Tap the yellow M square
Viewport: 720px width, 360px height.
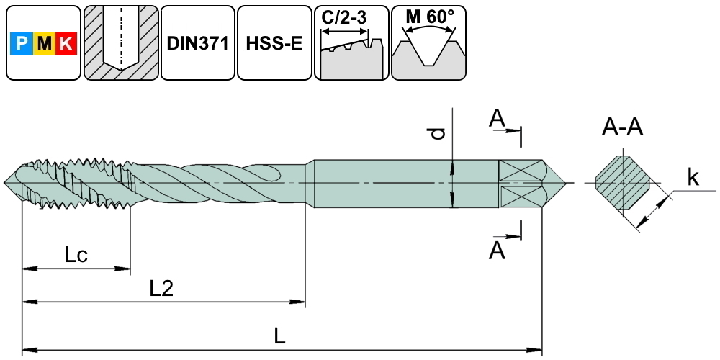pos(45,45)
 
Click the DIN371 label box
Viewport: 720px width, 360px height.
pos(197,43)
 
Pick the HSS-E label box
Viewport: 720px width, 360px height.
pos(274,43)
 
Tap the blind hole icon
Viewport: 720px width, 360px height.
pos(120,43)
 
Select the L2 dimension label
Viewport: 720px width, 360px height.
pos(161,288)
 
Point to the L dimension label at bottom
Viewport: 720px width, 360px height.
pos(281,335)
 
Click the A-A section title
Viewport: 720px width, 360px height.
pos(623,128)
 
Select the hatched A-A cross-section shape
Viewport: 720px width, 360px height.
pos(624,183)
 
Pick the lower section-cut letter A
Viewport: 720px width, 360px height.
pos(496,250)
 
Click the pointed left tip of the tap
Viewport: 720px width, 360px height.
pos(6,183)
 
